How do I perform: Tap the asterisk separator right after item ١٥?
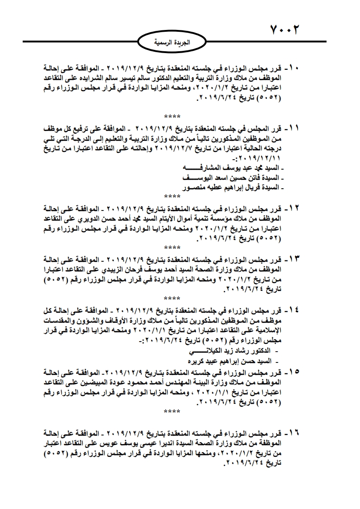tap(172, 411)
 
